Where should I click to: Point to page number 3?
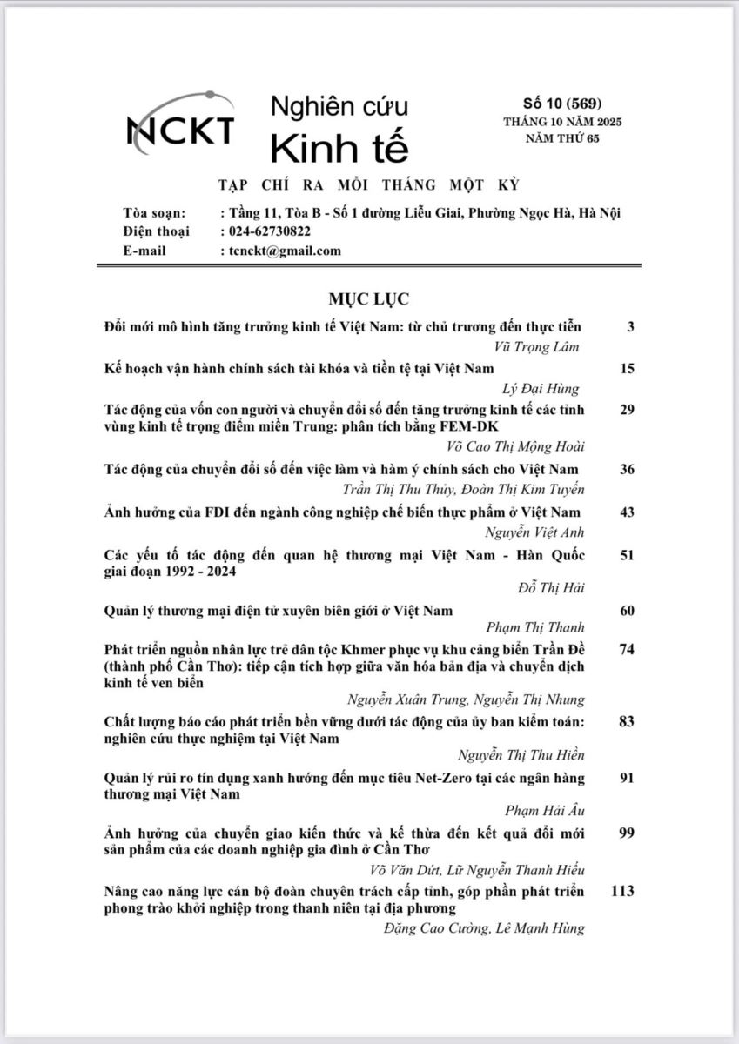coord(630,326)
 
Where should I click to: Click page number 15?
coord(628,368)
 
